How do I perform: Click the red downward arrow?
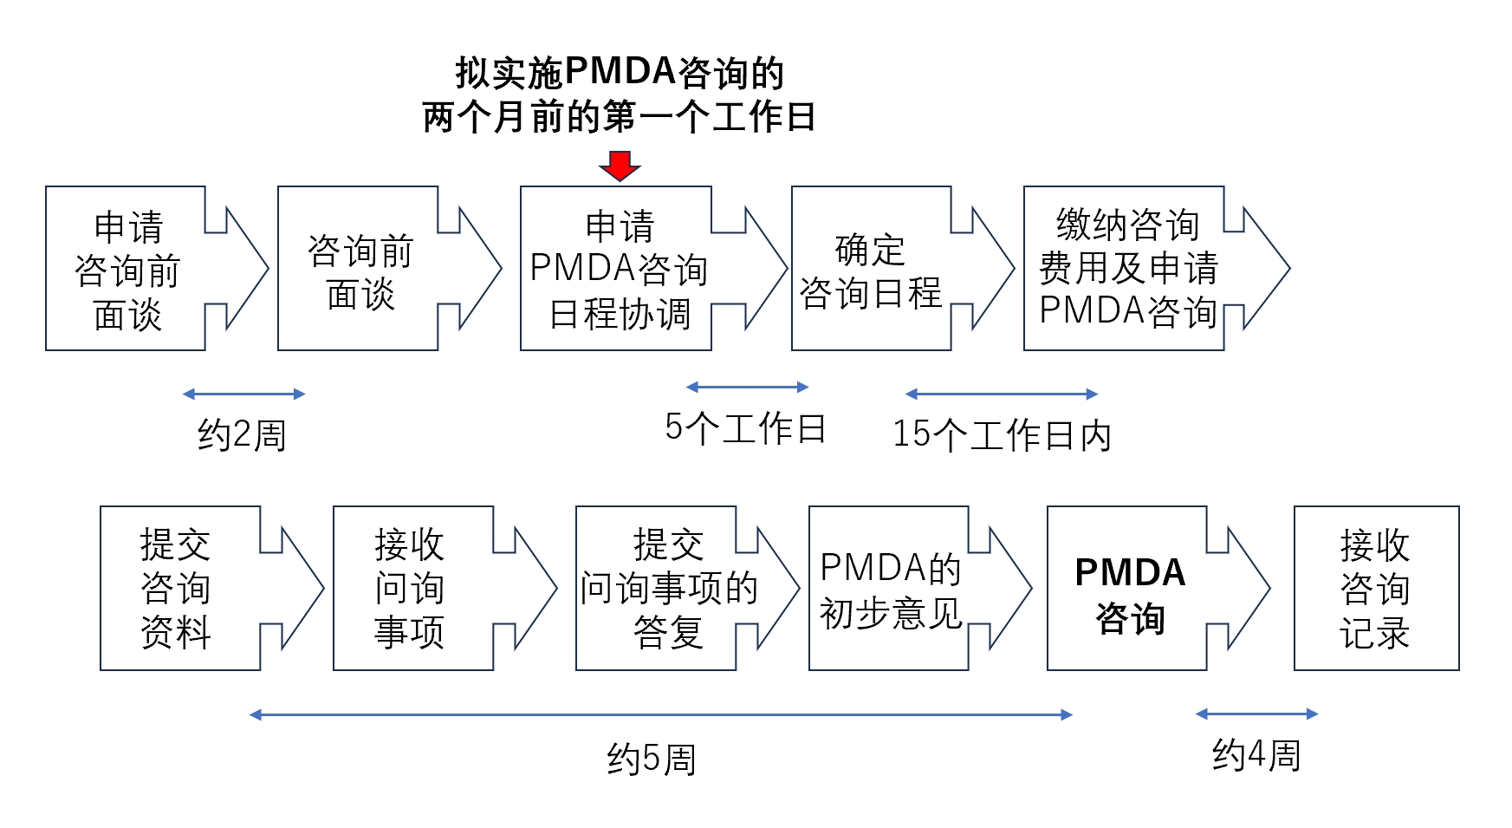tap(620, 166)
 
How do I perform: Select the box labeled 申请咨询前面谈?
tap(127, 269)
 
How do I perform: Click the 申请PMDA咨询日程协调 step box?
tap(618, 269)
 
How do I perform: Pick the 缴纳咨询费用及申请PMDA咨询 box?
tap(1126, 269)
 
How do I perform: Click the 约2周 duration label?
tap(242, 434)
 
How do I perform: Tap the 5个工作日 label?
tap(745, 428)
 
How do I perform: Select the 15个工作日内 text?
tap(1002, 434)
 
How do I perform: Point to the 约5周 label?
tap(652, 760)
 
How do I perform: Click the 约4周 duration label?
tap(1256, 755)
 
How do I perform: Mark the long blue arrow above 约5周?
tap(660, 715)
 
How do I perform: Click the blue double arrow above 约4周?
tap(1256, 714)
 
